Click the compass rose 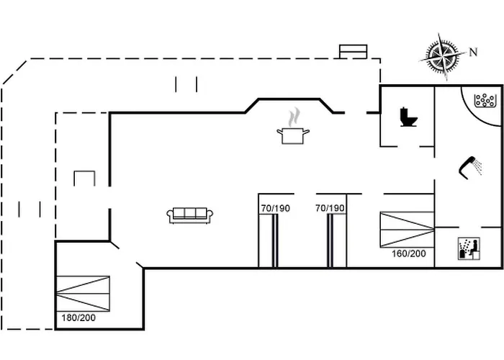(442, 56)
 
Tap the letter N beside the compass (473, 51)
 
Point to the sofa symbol (189, 215)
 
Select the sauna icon (468, 248)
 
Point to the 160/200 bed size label (408, 253)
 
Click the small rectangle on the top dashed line (354, 51)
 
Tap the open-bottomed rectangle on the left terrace (84, 178)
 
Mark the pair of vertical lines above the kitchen (186, 85)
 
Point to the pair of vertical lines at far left (30, 209)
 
